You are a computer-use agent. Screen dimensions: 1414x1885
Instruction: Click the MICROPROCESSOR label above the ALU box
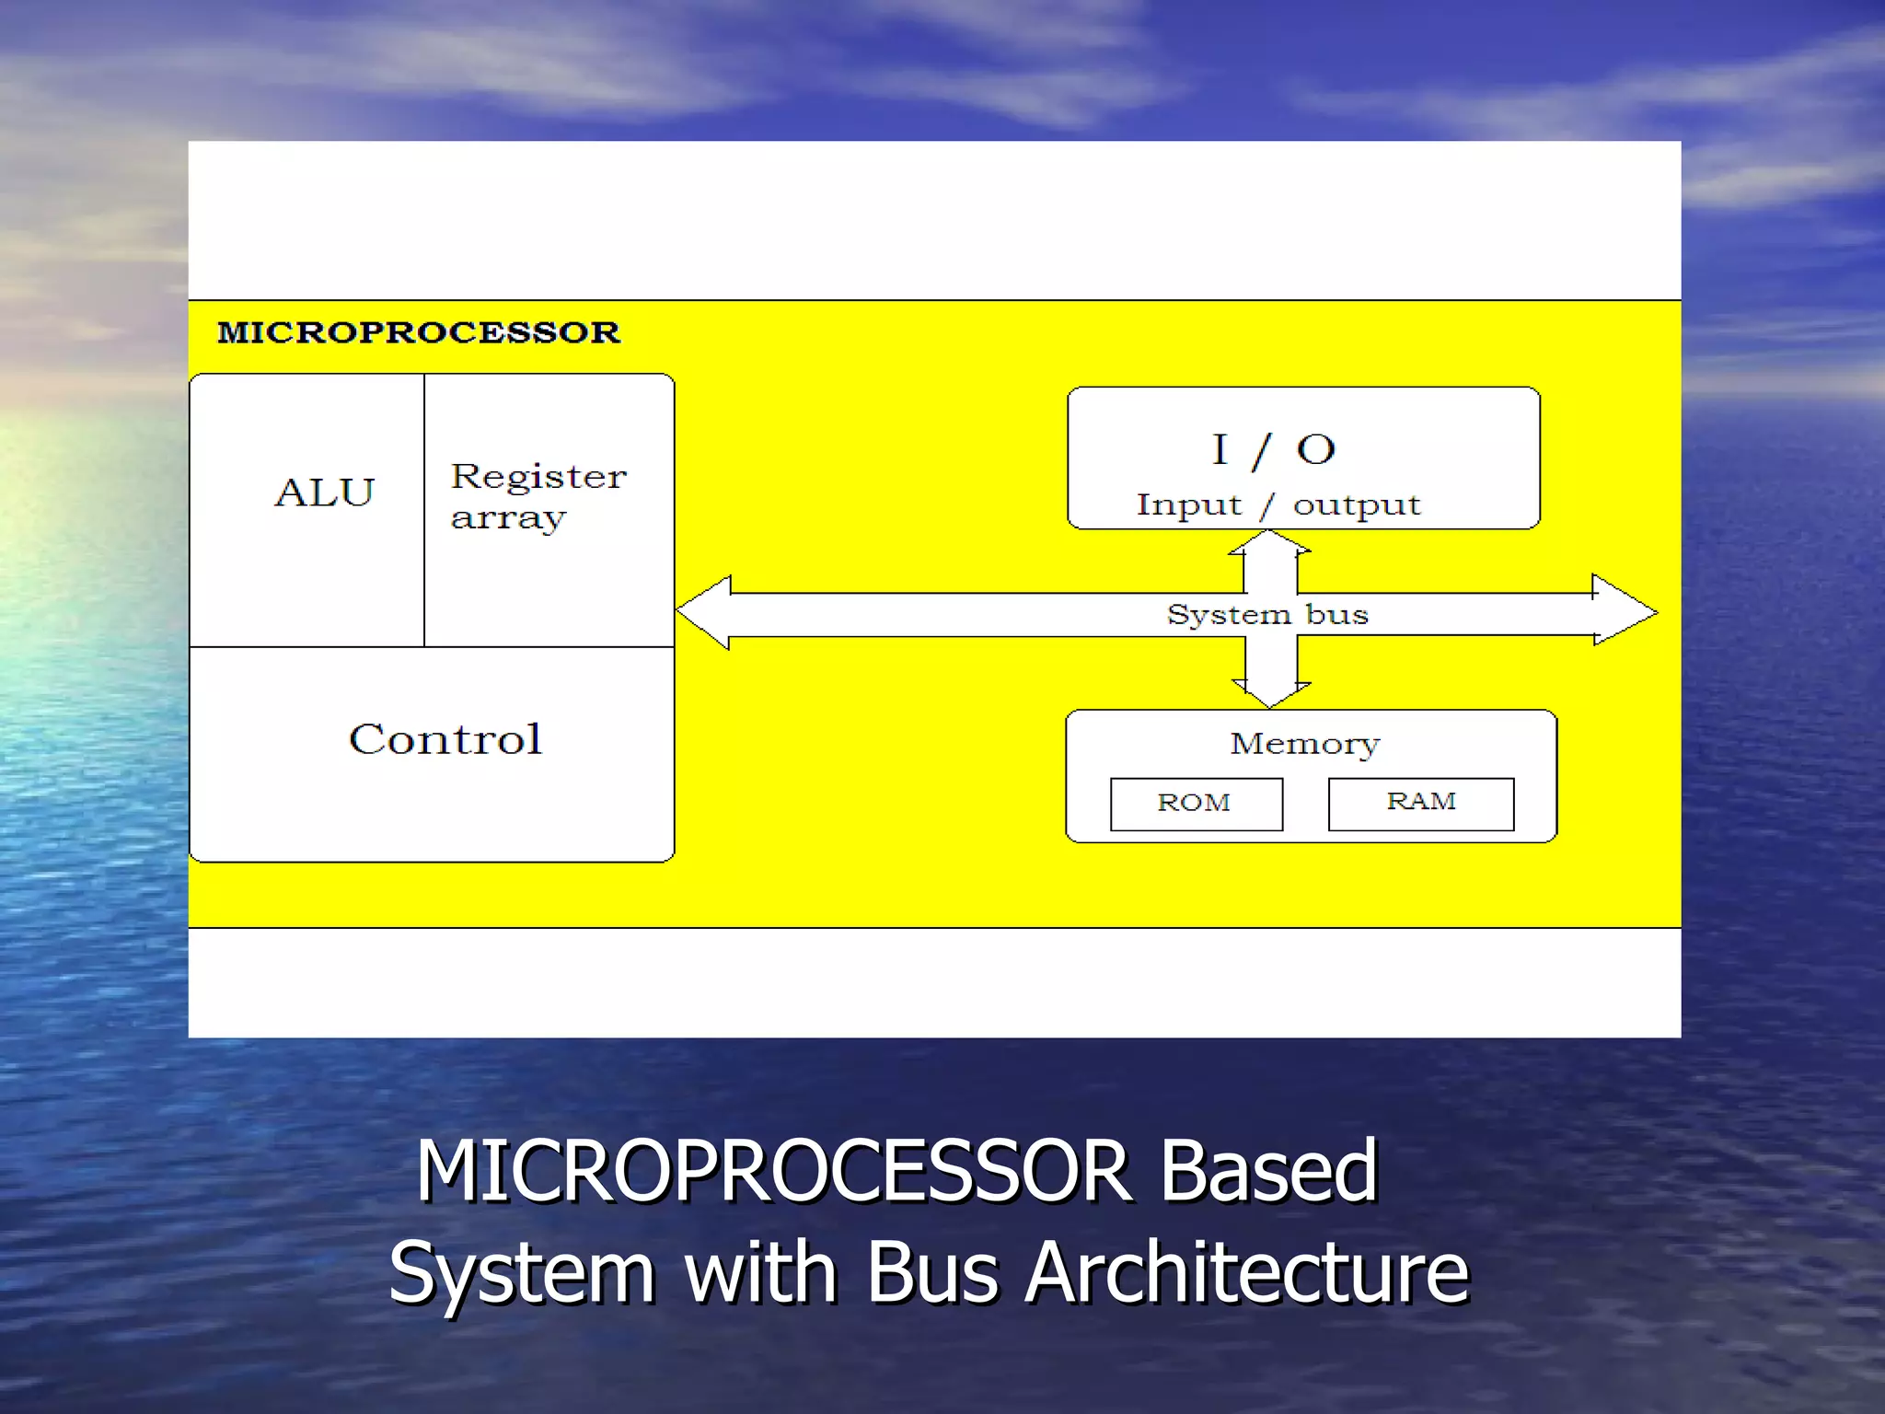tap(419, 332)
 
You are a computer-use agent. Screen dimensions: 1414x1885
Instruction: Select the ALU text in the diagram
tap(325, 493)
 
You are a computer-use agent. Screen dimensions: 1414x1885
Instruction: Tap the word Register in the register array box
tap(538, 477)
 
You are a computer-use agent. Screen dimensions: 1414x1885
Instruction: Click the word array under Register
tap(507, 518)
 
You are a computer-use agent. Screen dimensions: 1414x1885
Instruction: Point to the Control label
tap(445, 739)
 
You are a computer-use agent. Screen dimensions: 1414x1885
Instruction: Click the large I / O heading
tap(1273, 450)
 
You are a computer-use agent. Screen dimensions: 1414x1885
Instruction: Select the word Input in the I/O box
tap(1188, 505)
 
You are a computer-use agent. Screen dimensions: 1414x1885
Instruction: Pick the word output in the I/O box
tap(1357, 505)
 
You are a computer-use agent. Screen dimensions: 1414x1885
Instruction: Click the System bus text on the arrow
tap(1267, 614)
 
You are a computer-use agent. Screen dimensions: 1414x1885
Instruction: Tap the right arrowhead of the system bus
tap(1624, 610)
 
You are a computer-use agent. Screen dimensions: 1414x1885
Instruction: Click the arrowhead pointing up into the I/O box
tap(1270, 542)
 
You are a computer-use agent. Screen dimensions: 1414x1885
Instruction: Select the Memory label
tap(1305, 744)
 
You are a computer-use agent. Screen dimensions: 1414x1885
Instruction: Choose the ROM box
tap(1196, 804)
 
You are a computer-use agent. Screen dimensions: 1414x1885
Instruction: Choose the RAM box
tap(1420, 803)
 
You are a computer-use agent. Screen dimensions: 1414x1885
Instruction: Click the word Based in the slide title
tap(1267, 1171)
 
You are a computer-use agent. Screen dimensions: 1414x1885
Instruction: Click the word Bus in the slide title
tap(931, 1272)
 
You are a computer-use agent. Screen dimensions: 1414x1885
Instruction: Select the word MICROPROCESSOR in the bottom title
tap(773, 1171)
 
